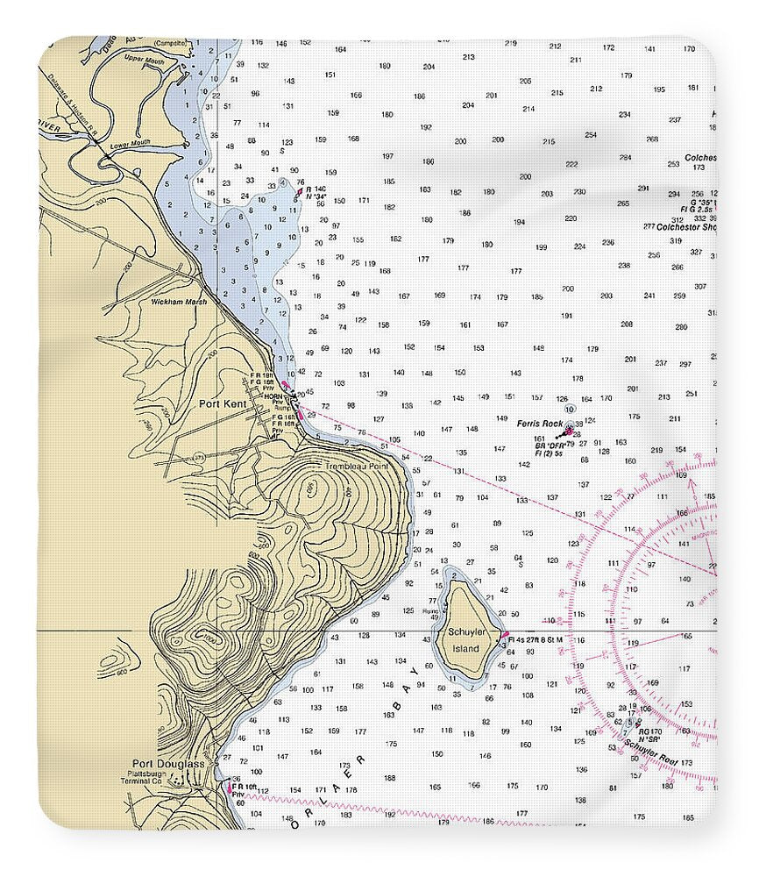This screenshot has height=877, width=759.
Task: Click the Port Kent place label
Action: (223, 403)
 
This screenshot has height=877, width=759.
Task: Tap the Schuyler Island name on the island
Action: (465, 639)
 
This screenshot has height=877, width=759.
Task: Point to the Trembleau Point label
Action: (356, 467)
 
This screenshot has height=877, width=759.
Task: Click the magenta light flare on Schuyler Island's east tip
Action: (506, 635)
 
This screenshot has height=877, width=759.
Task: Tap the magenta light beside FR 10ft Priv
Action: (230, 788)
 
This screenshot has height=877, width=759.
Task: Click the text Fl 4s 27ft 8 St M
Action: (536, 640)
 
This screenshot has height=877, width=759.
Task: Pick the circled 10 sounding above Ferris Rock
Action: (570, 409)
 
